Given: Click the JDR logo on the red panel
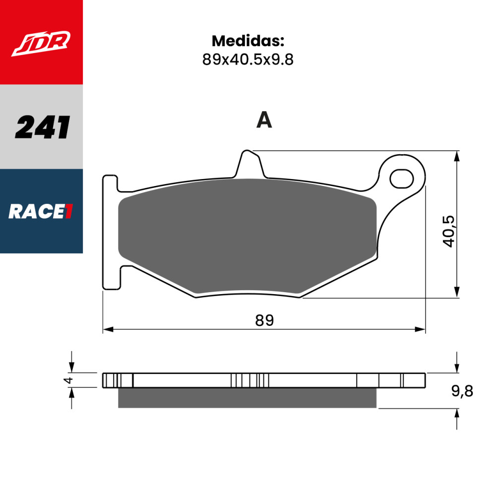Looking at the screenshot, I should [42, 44].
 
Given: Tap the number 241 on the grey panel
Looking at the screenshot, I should [42, 127].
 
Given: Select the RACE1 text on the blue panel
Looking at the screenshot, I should [41, 212].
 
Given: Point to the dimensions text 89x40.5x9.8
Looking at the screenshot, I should [248, 60].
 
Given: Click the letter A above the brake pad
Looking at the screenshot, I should [264, 120].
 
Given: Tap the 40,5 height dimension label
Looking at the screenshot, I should [449, 231].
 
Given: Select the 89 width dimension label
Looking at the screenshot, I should [264, 320].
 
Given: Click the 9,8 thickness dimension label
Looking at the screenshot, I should [462, 391].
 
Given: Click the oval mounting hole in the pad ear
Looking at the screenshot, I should [401, 178].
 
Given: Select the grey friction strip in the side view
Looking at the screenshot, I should [247, 398].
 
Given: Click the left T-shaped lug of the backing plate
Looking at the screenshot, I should [111, 232].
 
